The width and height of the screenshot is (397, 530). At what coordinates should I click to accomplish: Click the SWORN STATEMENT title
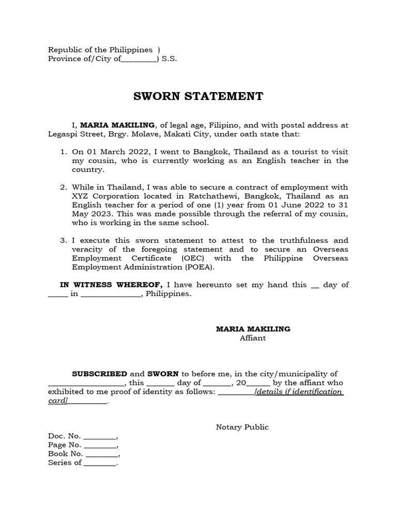click(x=198, y=96)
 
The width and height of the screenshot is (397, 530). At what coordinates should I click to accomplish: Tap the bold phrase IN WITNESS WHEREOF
click(x=112, y=285)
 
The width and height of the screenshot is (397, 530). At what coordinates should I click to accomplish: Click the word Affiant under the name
click(x=253, y=338)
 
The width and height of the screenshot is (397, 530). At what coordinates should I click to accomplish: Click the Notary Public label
click(x=242, y=427)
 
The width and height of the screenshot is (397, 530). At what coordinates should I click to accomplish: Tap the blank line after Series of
click(x=100, y=464)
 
